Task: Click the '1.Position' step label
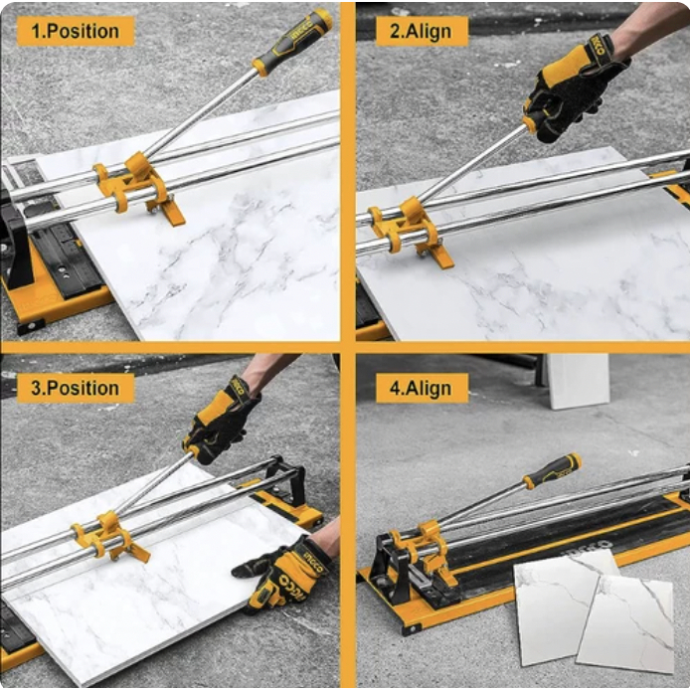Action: [76, 31]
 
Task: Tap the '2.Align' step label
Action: [422, 31]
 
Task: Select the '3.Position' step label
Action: [76, 388]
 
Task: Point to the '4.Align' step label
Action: [422, 388]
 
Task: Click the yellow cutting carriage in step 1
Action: [136, 187]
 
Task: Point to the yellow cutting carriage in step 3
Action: [110, 537]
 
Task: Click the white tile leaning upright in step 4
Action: [579, 381]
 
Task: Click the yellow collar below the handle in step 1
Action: [259, 68]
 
